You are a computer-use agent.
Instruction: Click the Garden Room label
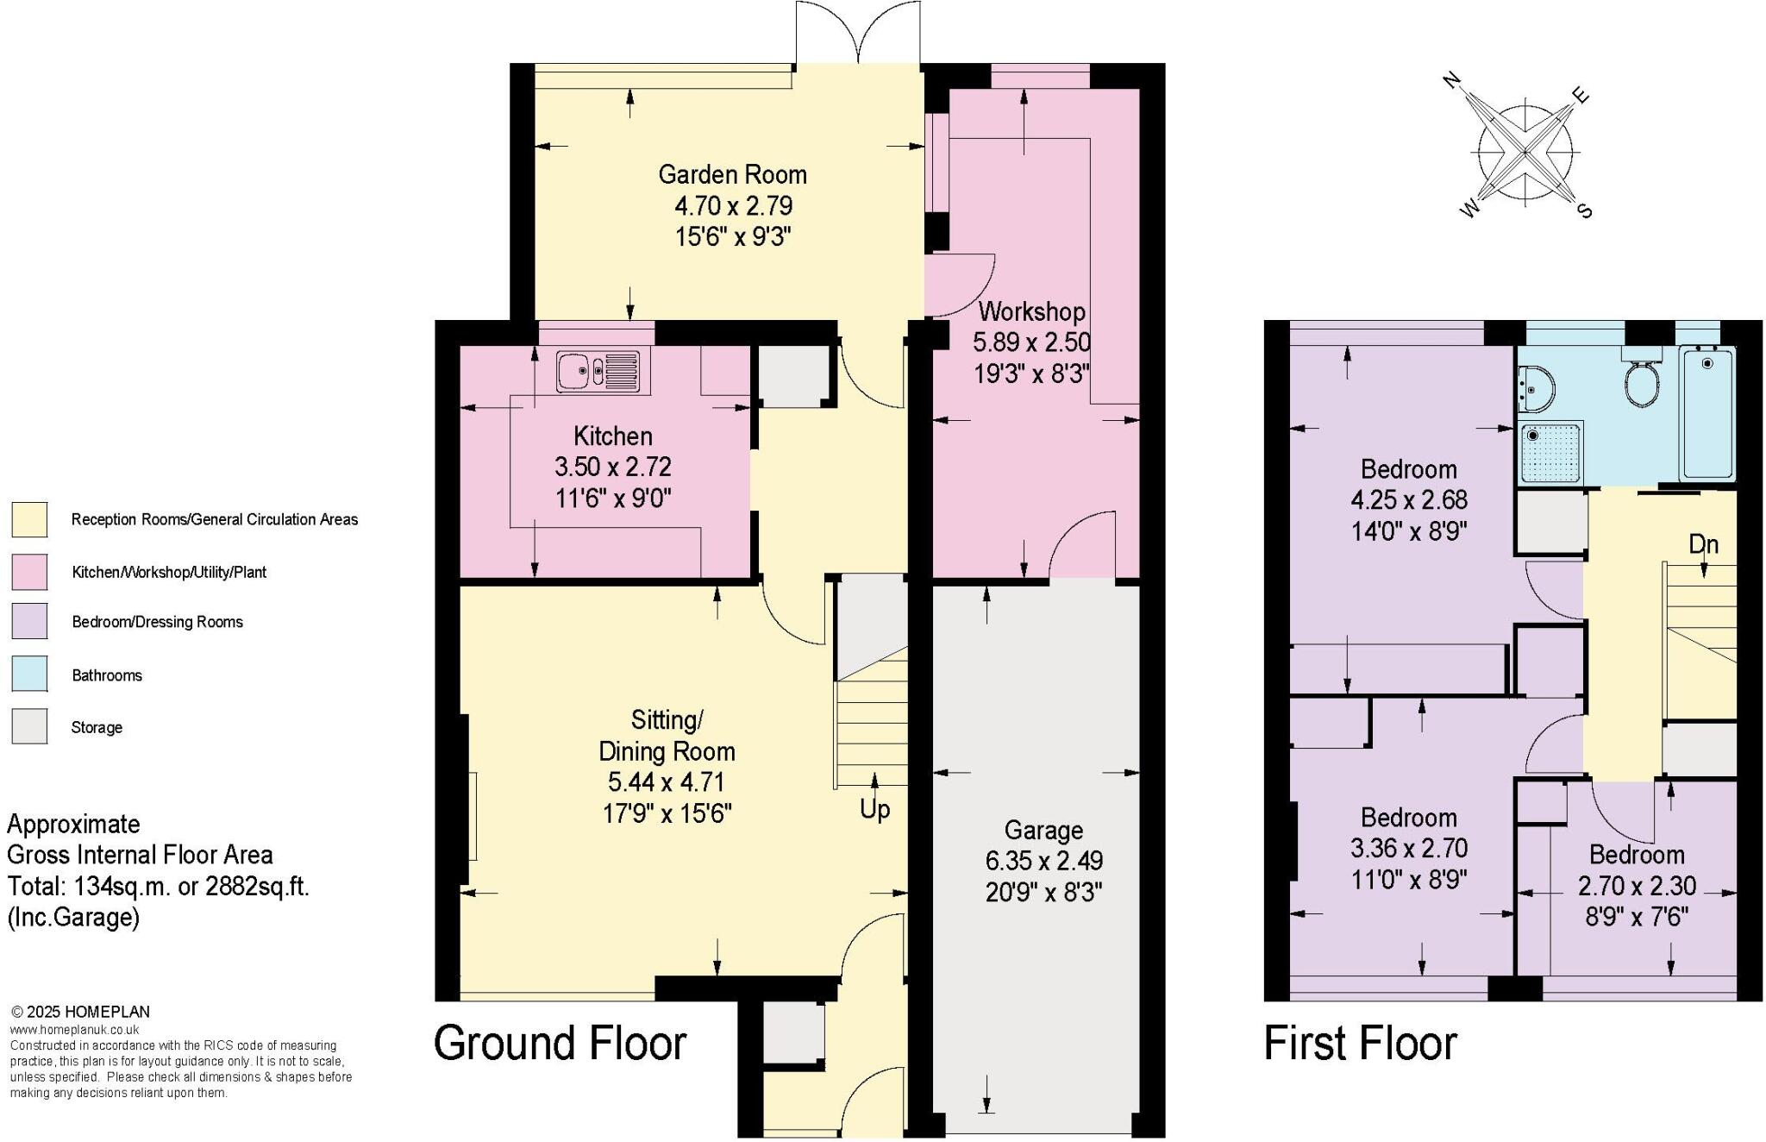click(732, 175)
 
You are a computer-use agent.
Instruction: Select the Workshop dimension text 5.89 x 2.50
click(1031, 342)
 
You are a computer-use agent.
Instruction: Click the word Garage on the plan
click(1043, 831)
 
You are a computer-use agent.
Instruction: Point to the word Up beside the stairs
click(874, 809)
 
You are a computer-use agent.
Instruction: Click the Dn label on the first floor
click(1703, 545)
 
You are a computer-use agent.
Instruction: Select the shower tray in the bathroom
click(1550, 453)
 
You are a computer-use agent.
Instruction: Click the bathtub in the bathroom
click(1707, 412)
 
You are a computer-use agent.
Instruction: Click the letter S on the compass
click(1584, 210)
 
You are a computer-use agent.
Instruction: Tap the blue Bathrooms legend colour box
click(29, 675)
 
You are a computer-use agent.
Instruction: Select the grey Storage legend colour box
click(29, 726)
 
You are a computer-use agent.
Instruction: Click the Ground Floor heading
click(560, 1043)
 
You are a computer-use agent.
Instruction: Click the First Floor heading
click(1360, 1043)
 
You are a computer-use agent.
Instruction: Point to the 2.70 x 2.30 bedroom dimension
click(1637, 886)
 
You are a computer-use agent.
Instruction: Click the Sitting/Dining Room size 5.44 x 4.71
click(666, 782)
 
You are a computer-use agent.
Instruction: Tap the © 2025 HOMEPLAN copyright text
click(80, 1012)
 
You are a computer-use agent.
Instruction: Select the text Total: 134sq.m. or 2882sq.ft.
click(158, 887)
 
